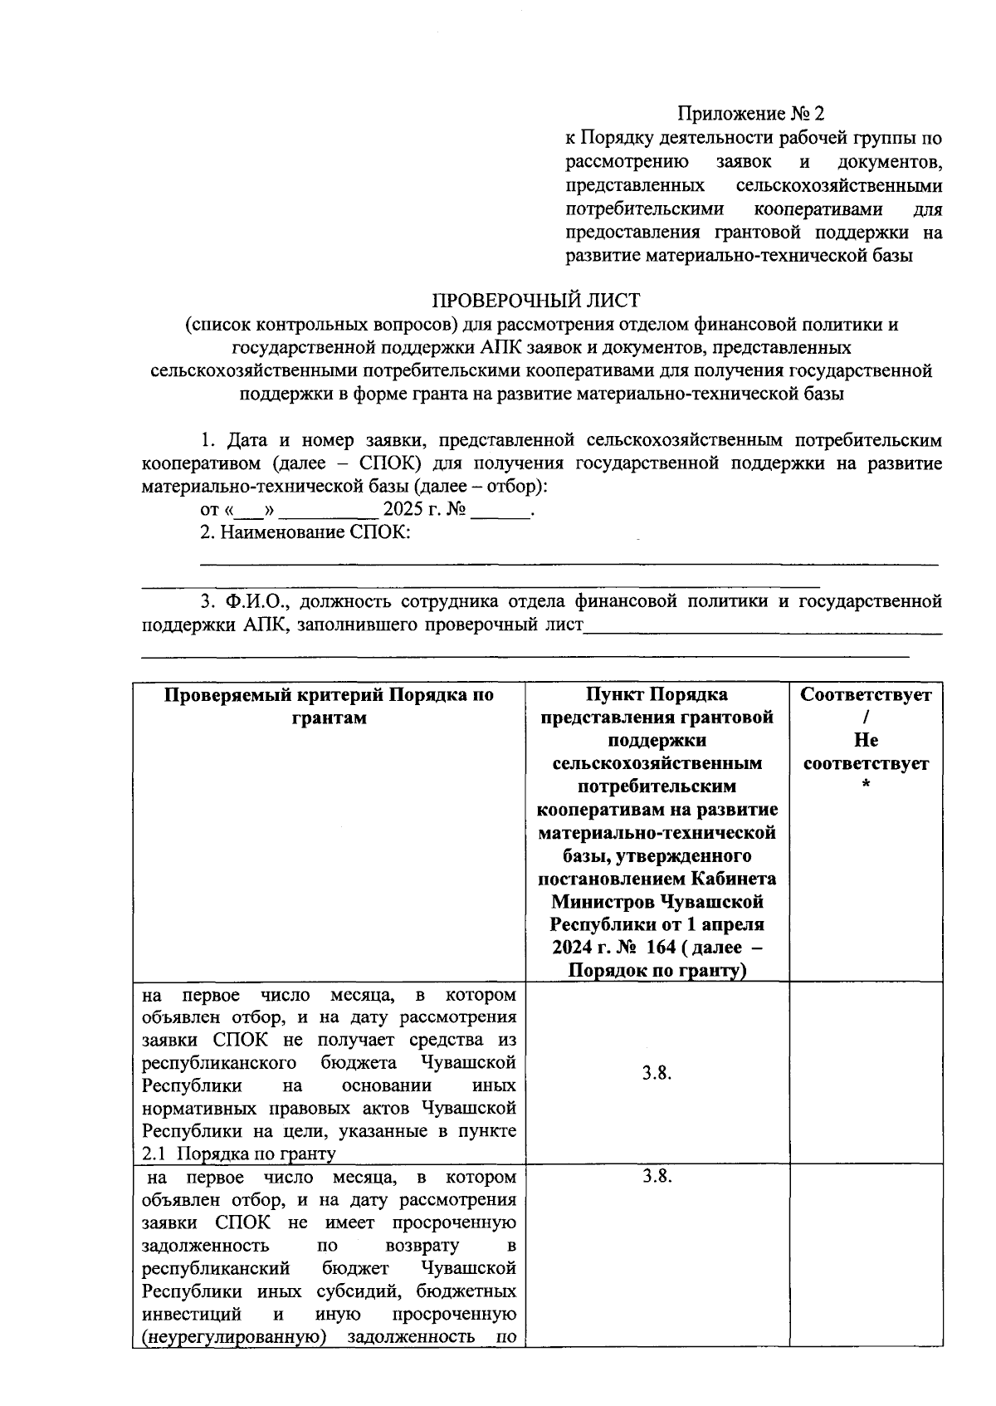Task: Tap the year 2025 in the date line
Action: coord(403,509)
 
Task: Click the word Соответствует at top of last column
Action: coord(866,694)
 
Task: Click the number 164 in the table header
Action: coord(659,948)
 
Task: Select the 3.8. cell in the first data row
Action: coord(657,1073)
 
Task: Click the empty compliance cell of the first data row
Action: coord(866,1073)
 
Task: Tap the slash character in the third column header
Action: coord(866,718)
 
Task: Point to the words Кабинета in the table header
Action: coord(741,879)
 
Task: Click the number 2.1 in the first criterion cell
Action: coord(154,1154)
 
